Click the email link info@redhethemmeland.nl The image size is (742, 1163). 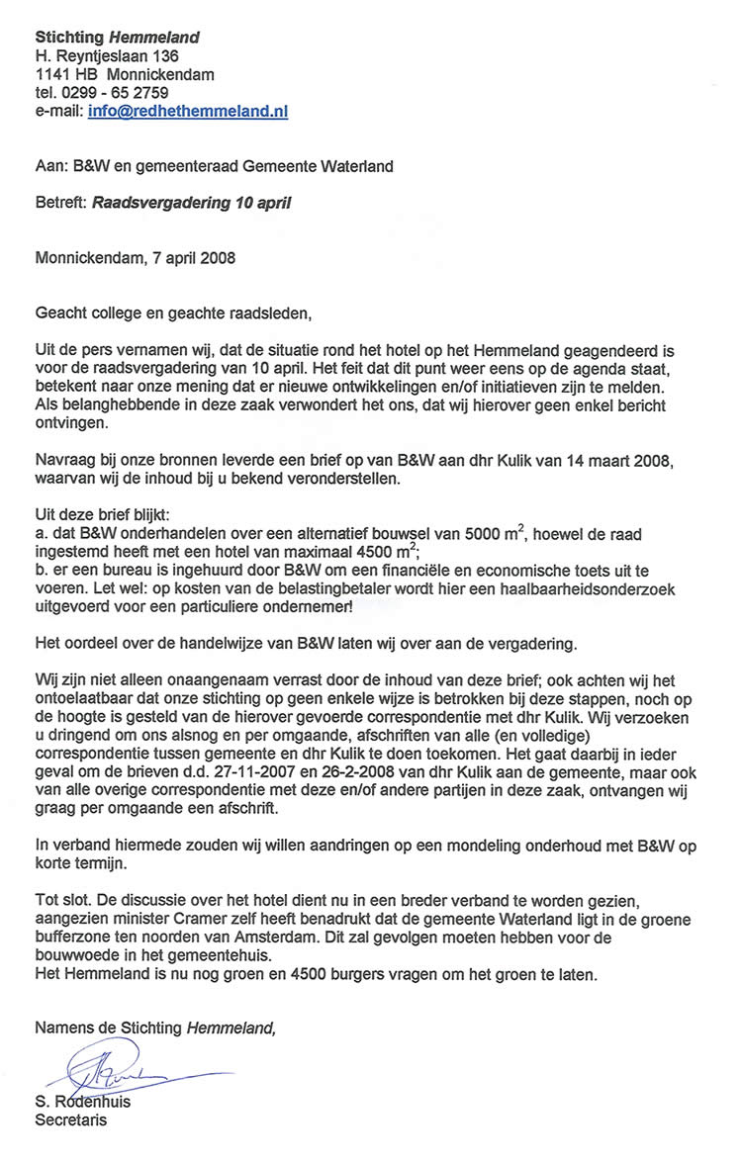click(188, 112)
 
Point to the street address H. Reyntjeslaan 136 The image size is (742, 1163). click(107, 56)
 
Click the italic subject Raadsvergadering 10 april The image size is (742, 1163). click(192, 205)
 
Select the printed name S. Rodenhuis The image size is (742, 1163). click(83, 1102)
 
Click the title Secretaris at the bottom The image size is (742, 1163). click(71, 1120)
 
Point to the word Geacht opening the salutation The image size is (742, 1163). click(61, 314)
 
